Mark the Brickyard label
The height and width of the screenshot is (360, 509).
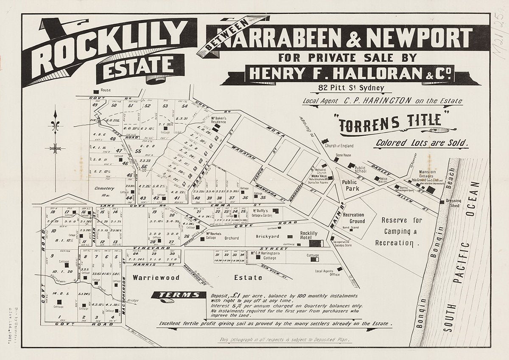click(267, 236)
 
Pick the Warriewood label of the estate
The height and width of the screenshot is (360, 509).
click(155, 278)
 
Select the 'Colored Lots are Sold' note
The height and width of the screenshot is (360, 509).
click(422, 143)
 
